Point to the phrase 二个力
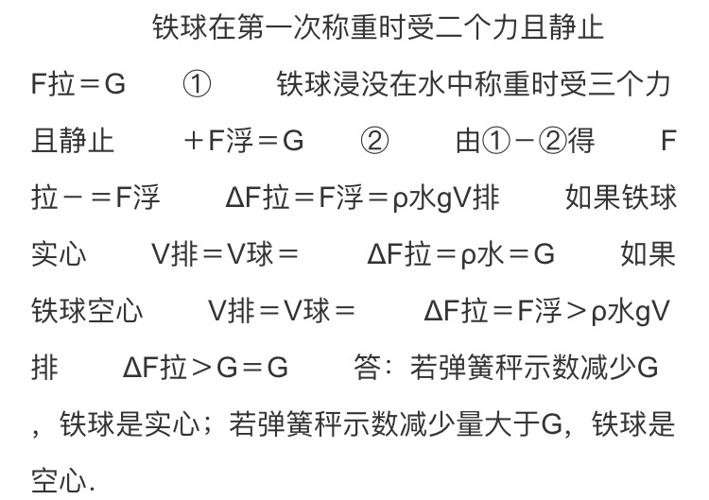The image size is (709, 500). pyautogui.click(x=477, y=27)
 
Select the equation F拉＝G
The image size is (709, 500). pyautogui.click(x=78, y=84)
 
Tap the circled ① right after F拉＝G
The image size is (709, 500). pyautogui.click(x=197, y=84)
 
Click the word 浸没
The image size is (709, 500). pyautogui.click(x=362, y=84)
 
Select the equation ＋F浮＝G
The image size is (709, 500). pyautogui.click(x=244, y=141)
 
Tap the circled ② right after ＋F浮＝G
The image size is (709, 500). pyautogui.click(x=374, y=141)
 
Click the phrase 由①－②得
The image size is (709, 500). pyautogui.click(x=525, y=141)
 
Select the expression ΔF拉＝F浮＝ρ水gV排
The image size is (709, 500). pyautogui.click(x=362, y=198)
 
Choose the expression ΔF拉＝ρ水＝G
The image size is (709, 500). pyautogui.click(x=460, y=254)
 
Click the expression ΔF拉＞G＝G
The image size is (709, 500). pyautogui.click(x=205, y=368)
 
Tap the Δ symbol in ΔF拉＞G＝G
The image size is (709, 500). pyautogui.click(x=133, y=368)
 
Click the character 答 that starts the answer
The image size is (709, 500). pyautogui.click(x=368, y=368)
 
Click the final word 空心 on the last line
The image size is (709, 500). pyautogui.click(x=59, y=480)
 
